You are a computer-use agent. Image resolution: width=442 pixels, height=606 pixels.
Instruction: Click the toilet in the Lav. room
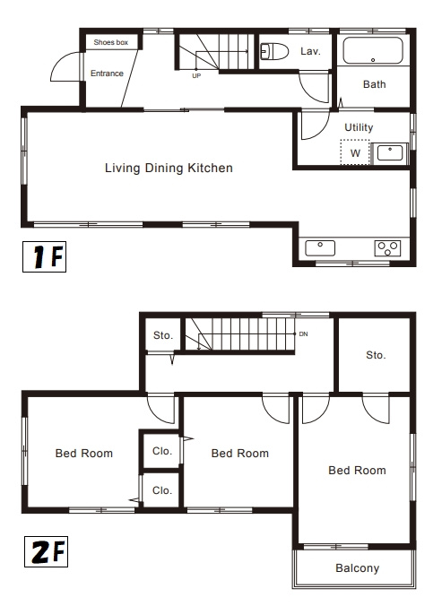click(274, 51)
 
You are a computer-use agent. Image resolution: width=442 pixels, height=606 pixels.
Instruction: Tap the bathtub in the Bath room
click(373, 50)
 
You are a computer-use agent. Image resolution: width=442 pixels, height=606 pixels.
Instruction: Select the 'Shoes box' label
click(111, 42)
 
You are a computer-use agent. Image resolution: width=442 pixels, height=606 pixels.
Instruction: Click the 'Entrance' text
click(107, 74)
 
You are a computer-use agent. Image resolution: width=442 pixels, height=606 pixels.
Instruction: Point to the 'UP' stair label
click(196, 76)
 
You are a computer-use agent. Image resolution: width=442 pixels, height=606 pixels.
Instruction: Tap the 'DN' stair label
click(303, 333)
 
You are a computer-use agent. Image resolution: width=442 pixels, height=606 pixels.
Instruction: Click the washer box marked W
click(355, 152)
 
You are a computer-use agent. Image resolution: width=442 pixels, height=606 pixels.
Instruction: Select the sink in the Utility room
click(390, 153)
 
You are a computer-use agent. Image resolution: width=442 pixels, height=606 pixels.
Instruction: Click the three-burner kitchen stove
click(387, 248)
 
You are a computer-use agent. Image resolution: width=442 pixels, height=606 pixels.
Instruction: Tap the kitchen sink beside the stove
click(320, 247)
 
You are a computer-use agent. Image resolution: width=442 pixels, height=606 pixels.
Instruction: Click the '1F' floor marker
click(45, 256)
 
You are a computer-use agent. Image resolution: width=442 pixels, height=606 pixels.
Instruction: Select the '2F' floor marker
click(47, 551)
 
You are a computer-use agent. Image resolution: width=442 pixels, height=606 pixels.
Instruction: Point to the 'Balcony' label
click(358, 568)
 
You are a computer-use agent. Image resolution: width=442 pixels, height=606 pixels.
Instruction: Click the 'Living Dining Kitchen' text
click(169, 169)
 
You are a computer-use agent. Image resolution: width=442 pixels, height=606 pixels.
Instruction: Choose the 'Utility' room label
click(359, 127)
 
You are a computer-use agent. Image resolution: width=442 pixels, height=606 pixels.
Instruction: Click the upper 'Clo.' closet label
click(162, 451)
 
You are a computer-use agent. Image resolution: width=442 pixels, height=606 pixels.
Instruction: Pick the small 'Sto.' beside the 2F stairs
click(163, 335)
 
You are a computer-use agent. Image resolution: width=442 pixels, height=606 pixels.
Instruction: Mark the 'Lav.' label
click(310, 51)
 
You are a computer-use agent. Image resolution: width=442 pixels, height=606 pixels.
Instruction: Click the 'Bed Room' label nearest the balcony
click(357, 471)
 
